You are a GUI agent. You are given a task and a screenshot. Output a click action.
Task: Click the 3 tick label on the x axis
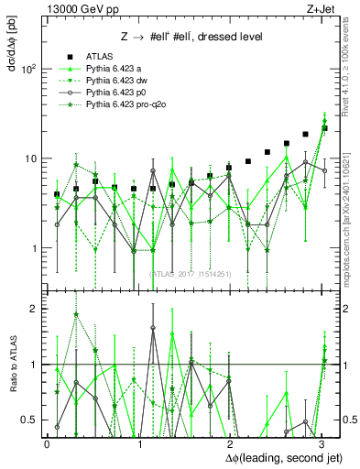[x=322, y=442]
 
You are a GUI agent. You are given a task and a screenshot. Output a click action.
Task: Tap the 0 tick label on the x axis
[x=47, y=442]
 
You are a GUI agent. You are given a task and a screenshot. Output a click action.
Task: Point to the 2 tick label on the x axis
[x=230, y=442]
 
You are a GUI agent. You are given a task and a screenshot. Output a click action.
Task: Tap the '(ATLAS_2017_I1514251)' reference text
[x=191, y=273]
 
